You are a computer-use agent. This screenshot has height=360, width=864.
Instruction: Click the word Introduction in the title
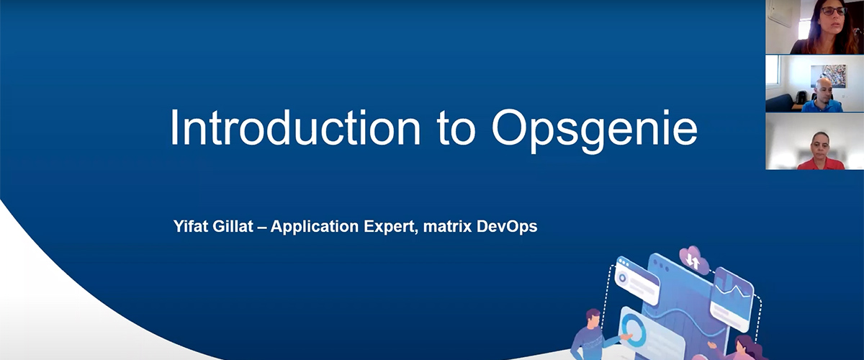(x=295, y=127)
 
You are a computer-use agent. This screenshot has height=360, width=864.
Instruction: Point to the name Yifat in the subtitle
(x=191, y=227)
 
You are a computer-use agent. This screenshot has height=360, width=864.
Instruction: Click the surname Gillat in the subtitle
(x=233, y=226)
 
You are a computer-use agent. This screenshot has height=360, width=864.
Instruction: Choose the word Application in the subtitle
(x=315, y=227)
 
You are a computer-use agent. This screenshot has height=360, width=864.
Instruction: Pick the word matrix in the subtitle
(x=447, y=227)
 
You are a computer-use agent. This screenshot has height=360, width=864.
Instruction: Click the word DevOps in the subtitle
(x=507, y=227)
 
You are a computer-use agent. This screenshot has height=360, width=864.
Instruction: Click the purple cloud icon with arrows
(x=694, y=260)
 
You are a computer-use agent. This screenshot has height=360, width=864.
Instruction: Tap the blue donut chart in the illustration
(x=633, y=329)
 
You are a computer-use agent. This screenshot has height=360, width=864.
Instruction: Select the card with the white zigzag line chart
(x=731, y=299)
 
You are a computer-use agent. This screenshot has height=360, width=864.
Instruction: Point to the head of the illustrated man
(x=593, y=318)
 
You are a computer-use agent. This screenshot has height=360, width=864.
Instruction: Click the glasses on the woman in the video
(x=833, y=12)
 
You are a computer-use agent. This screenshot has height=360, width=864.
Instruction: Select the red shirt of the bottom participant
(x=821, y=163)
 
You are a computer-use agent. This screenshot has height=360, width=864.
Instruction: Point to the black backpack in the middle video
(x=801, y=97)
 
